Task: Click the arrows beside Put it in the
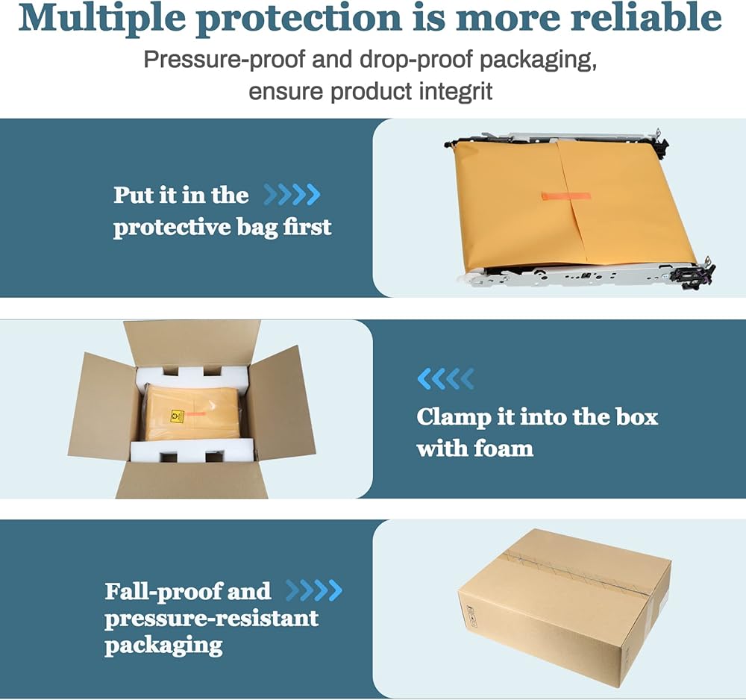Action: tap(292, 196)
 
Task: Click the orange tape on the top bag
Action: tap(565, 196)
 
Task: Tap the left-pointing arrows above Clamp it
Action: tap(445, 379)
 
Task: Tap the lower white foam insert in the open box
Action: tap(192, 451)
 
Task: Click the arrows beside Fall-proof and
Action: tap(314, 591)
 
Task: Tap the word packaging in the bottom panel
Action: tap(163, 645)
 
